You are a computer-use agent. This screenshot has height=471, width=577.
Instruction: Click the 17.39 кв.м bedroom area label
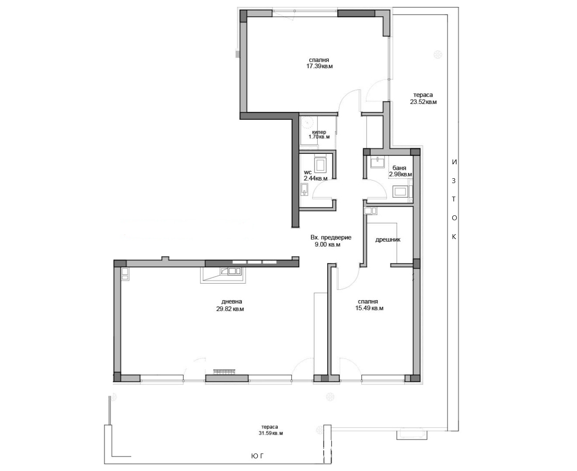(319, 66)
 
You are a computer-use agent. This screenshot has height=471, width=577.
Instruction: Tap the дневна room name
(232, 301)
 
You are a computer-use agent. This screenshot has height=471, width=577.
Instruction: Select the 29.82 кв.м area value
(230, 309)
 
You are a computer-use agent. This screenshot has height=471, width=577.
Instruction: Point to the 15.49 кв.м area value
(369, 308)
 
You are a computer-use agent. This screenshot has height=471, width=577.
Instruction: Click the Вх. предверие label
(331, 237)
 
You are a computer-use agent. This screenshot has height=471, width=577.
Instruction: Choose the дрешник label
(388, 239)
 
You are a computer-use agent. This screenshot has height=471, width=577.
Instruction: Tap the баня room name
(399, 168)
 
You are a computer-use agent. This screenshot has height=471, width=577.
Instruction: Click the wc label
(308, 173)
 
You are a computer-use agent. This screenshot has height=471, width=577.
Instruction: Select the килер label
(319, 132)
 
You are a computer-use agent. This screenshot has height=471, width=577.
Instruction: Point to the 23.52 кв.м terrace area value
(423, 102)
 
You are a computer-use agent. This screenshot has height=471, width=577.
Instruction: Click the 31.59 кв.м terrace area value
(271, 433)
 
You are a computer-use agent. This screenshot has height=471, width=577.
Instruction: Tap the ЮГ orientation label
(257, 456)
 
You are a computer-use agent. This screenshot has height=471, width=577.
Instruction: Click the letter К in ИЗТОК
(454, 237)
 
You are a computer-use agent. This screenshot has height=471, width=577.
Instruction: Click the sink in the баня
(378, 162)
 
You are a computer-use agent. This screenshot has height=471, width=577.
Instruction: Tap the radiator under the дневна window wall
(224, 371)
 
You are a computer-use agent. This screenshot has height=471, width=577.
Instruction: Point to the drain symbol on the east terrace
(438, 54)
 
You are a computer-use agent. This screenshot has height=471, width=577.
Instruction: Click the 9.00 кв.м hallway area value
(328, 244)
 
